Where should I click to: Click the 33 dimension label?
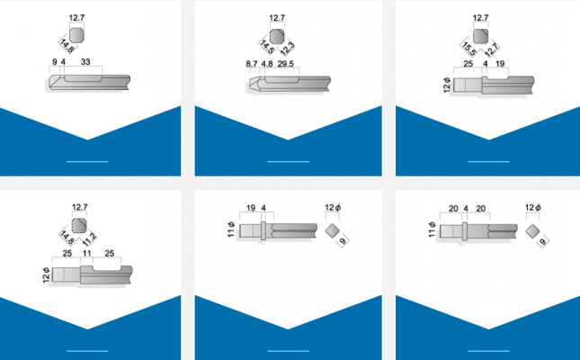(85, 62)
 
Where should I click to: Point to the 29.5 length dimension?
(288, 64)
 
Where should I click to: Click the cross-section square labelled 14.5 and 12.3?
(278, 36)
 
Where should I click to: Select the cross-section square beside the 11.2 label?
(78, 226)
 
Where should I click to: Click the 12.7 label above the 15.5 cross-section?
(480, 18)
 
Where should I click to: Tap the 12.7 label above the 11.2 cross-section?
(80, 207)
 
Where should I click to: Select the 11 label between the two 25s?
(87, 255)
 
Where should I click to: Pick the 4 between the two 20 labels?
(466, 209)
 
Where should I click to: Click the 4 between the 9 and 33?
(64, 62)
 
